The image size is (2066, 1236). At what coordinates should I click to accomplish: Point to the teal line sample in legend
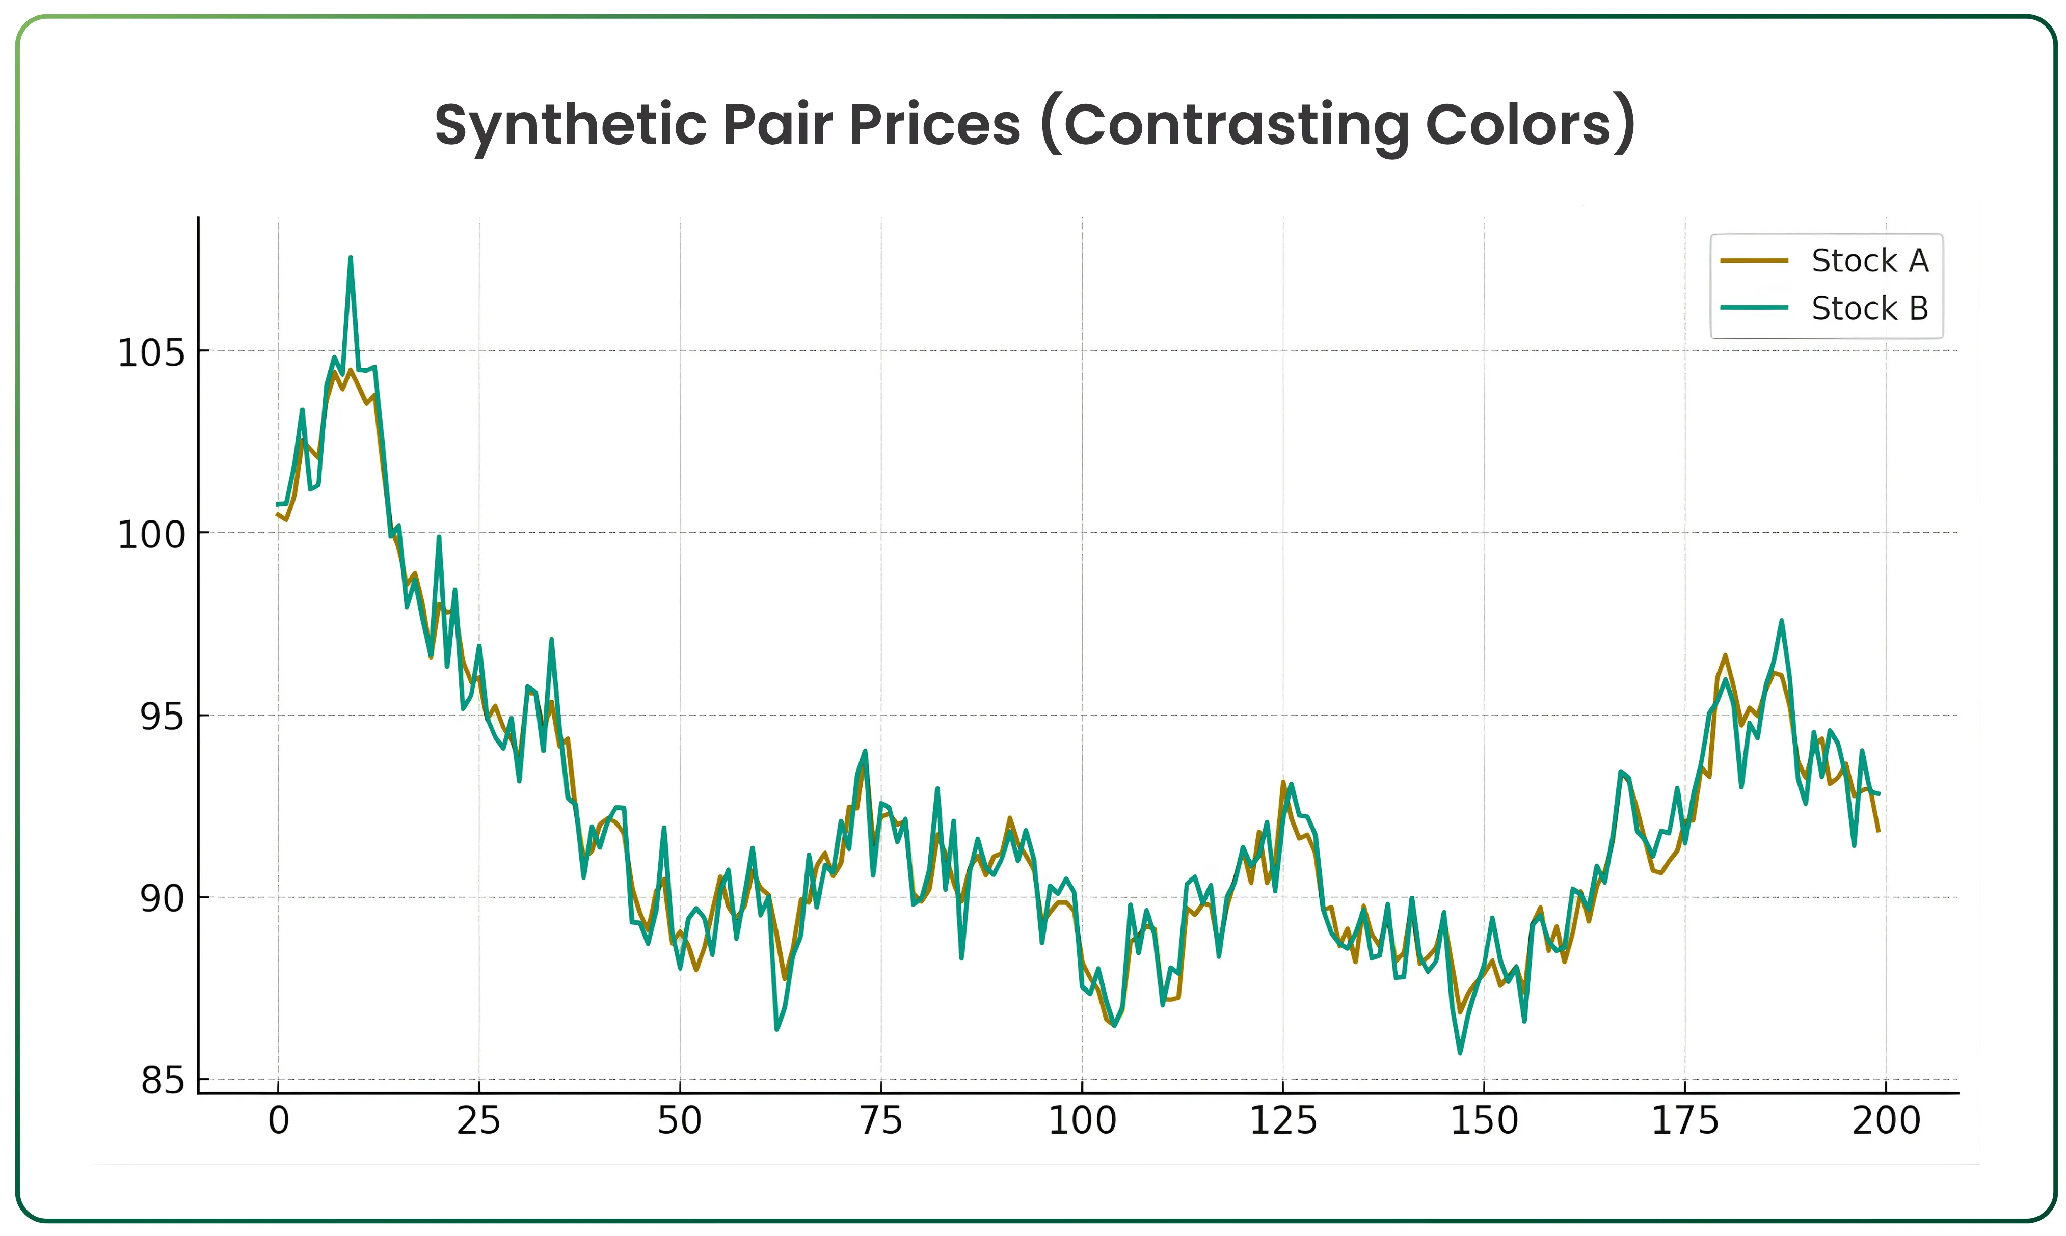[x=1754, y=307]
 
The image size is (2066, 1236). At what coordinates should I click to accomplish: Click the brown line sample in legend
[x=1754, y=261]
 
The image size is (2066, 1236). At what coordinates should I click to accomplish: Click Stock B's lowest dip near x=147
[x=1460, y=1053]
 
